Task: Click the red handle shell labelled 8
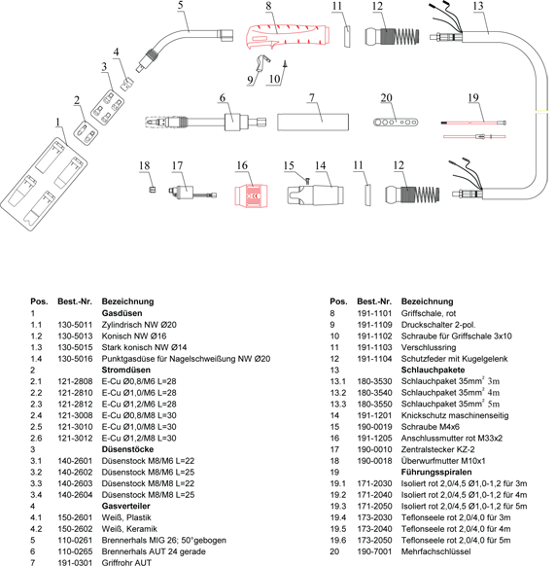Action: pos(288,36)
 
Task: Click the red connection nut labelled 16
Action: pos(252,196)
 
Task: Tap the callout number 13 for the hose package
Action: pos(477,6)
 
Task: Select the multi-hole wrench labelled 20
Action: pos(396,122)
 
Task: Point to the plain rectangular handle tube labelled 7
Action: pos(313,122)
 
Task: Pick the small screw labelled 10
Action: pos(286,64)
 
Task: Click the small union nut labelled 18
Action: pos(153,189)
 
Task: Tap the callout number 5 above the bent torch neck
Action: pos(181,5)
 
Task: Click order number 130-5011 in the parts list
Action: pos(75,325)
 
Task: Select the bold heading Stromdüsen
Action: pos(126,370)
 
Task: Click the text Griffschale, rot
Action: pos(429,313)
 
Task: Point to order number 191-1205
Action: pos(374,439)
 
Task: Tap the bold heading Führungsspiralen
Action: pos(436,472)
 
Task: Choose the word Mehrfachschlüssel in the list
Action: pos(435,551)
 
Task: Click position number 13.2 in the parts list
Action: pos(337,393)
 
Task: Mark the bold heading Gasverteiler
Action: pos(126,506)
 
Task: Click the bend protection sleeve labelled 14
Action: pos(315,195)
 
